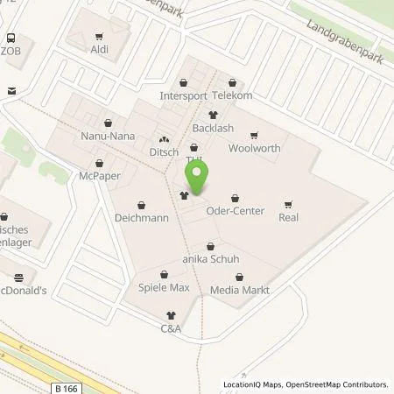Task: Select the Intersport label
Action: coord(183,95)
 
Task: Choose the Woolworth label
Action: coord(254,148)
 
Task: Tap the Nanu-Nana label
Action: coord(108,137)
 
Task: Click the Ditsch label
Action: coord(163,152)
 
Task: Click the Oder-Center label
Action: coord(234,210)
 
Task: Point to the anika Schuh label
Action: coord(209,259)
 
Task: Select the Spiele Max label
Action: coord(164,288)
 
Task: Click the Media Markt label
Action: coord(239,289)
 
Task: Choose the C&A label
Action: coord(171,328)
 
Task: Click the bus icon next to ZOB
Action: coord(11,39)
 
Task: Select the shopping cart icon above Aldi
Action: coord(98,37)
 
